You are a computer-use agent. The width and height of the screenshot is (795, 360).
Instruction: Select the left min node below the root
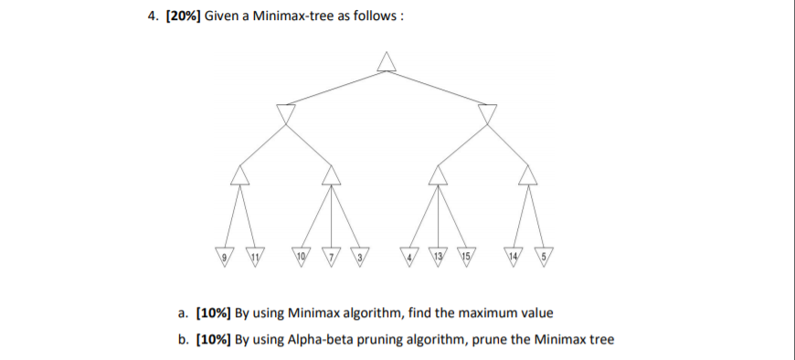coord(287,113)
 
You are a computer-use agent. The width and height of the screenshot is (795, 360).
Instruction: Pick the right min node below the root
coord(487,113)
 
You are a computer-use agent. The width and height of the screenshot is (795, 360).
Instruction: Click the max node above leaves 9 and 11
coord(239,174)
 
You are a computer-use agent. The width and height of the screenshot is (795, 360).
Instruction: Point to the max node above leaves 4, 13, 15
coord(440,174)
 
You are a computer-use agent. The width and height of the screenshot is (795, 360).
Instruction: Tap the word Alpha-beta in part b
coord(313,340)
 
